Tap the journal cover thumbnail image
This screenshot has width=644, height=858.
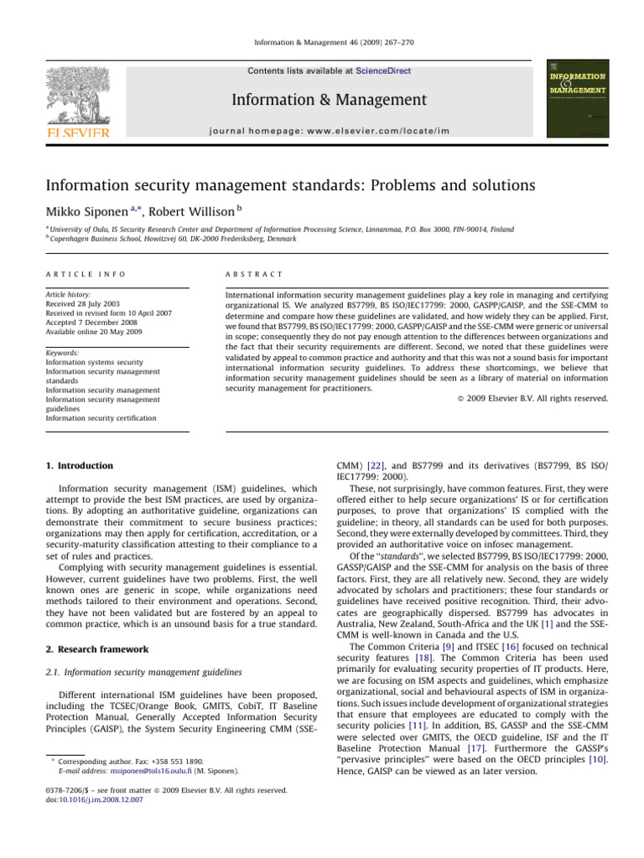[x=579, y=97]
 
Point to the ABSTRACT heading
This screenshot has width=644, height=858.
[x=252, y=273]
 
